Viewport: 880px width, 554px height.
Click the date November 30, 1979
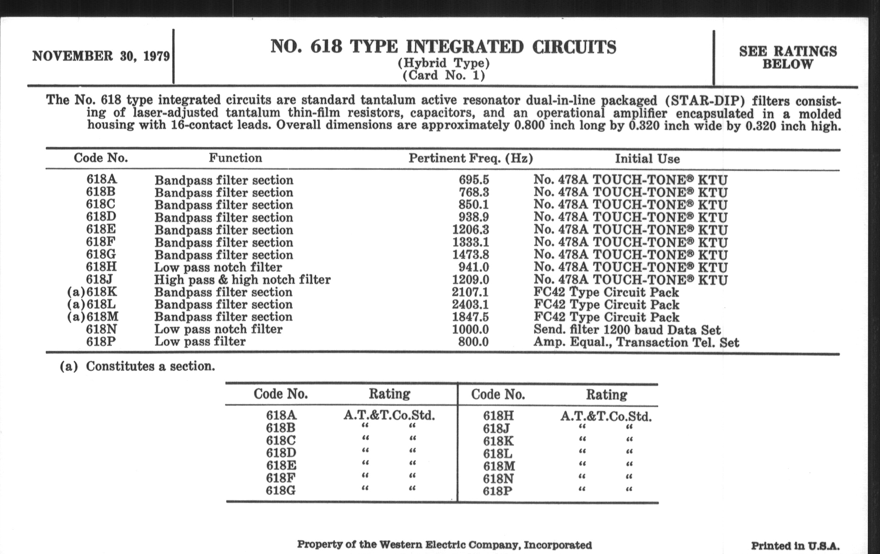click(101, 56)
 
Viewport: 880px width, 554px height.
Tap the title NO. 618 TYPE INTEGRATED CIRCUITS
click(443, 47)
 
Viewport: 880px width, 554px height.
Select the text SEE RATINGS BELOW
click(787, 58)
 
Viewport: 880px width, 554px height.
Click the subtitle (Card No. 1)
click(444, 76)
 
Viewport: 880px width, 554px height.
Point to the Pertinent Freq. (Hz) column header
click(470, 158)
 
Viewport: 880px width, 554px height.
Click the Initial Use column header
click(647, 159)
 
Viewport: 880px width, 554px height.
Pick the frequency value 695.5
click(474, 180)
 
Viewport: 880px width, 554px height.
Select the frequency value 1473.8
click(470, 255)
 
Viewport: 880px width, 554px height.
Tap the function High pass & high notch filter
click(242, 280)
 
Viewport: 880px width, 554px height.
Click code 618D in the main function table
click(101, 217)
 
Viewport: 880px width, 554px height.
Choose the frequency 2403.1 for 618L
click(470, 305)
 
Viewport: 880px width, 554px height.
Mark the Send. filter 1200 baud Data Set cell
click(627, 330)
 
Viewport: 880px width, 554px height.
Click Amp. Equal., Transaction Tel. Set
click(636, 342)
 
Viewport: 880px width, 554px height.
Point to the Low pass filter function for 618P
click(200, 341)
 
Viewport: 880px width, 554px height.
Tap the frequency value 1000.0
click(470, 330)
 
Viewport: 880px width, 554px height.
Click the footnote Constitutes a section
click(150, 366)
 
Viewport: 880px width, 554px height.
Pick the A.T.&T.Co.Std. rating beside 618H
click(606, 416)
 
